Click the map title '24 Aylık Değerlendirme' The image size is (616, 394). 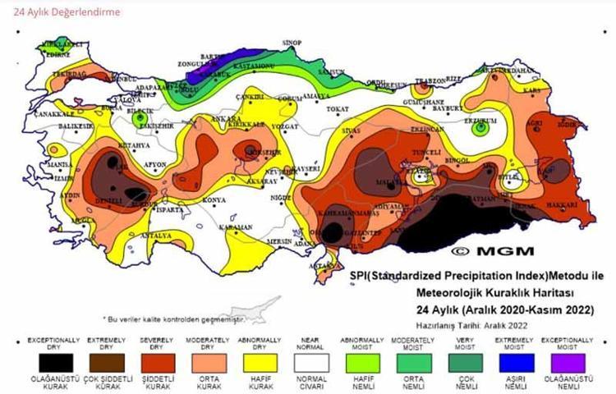pyautogui.click(x=62, y=12)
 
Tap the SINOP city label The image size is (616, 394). pyautogui.click(x=292, y=42)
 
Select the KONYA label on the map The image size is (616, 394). pyautogui.click(x=214, y=200)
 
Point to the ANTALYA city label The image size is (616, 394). pyautogui.click(x=159, y=236)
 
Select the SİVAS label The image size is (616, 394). pyautogui.click(x=352, y=131)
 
